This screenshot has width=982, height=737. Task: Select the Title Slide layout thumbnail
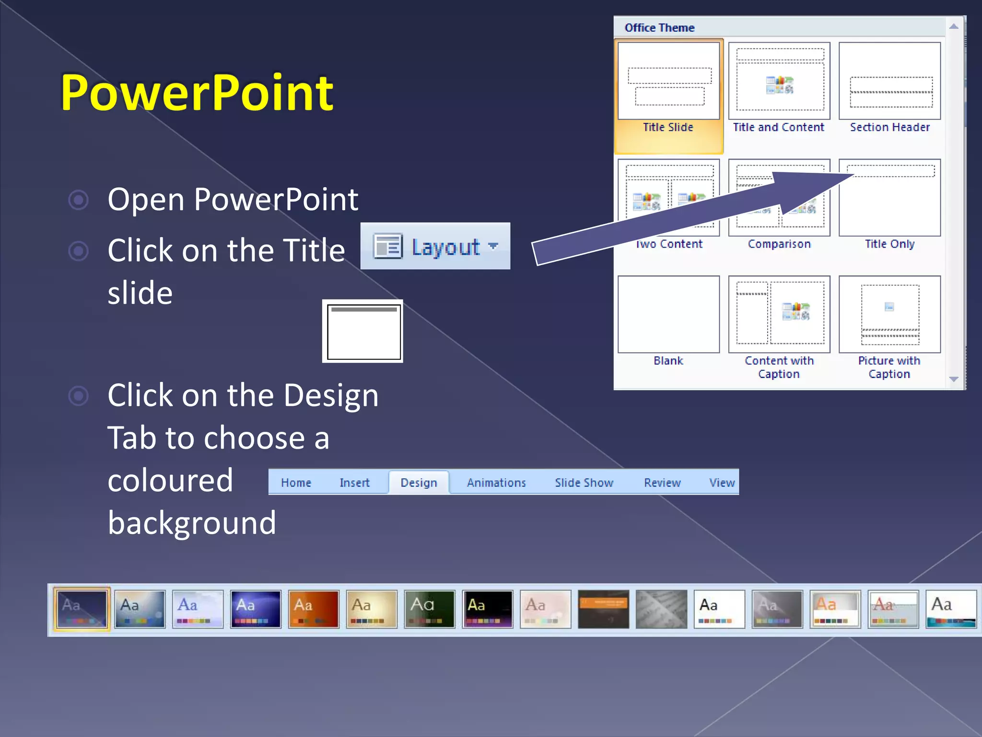tap(668, 81)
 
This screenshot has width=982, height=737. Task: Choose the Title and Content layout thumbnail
tap(779, 81)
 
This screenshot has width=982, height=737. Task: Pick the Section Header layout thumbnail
tap(889, 81)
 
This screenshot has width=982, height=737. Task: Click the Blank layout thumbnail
tap(668, 314)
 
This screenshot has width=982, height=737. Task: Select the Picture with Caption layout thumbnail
tap(889, 314)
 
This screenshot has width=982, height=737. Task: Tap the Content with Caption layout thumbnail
tap(779, 314)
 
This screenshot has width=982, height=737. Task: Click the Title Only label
tap(889, 244)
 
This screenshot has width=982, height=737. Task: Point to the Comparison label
tap(779, 244)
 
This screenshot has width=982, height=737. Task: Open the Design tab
tap(419, 483)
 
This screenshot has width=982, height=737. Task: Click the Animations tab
tap(496, 483)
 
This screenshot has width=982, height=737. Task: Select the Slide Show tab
tap(584, 483)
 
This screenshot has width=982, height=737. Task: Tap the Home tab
tap(296, 483)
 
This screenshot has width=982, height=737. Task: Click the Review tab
tap(662, 483)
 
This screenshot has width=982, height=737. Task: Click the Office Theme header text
tap(659, 28)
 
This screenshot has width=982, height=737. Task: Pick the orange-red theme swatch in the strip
tap(314, 609)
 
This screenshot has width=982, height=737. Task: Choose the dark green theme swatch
tap(430, 609)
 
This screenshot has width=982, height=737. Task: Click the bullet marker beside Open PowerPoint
tap(79, 200)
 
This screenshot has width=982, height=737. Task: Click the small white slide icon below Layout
tap(363, 332)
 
